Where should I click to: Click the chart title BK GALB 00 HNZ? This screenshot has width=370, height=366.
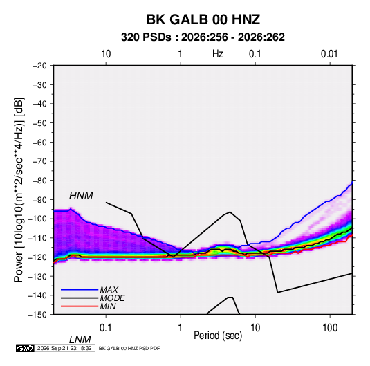(203, 19)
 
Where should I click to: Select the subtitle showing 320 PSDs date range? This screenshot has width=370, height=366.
(203, 37)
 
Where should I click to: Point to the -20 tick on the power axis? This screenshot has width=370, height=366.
(40, 66)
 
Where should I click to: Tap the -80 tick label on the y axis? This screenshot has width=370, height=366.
(40, 181)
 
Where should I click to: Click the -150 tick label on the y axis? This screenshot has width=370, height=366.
(37, 315)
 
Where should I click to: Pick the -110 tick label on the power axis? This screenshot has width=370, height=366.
(37, 238)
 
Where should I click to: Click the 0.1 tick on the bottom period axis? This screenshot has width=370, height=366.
(106, 327)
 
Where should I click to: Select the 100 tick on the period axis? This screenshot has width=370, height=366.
(330, 327)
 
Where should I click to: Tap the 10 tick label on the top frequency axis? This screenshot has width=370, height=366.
(106, 54)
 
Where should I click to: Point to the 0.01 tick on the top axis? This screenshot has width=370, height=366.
(329, 54)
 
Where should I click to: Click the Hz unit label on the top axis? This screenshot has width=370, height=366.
(218, 54)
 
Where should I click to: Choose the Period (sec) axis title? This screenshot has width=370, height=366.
(218, 336)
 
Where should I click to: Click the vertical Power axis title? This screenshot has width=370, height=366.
(19, 190)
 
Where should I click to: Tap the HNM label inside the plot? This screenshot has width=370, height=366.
(81, 196)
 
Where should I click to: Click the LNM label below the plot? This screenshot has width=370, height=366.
(80, 340)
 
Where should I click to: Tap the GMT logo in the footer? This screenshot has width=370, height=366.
(26, 348)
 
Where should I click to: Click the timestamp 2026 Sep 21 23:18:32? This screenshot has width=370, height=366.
(64, 348)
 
